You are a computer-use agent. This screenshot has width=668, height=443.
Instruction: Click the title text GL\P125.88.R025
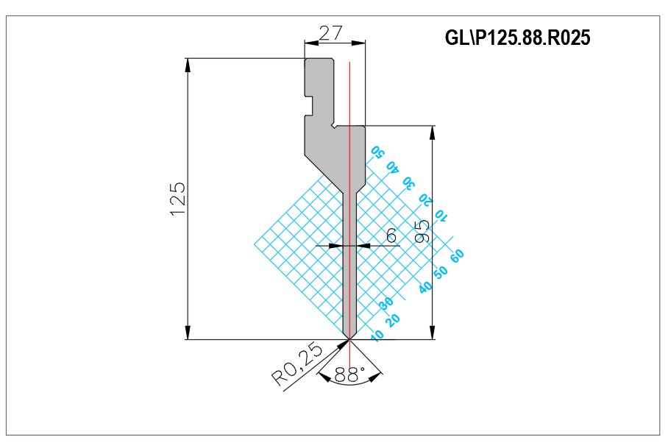point(518,38)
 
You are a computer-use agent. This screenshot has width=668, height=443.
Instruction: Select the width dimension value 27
point(330,33)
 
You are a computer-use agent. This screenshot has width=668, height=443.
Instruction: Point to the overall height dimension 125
point(177,199)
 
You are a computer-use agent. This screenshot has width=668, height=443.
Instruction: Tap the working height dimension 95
point(422,231)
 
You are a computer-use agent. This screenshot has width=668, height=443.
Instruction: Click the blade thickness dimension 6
point(391,235)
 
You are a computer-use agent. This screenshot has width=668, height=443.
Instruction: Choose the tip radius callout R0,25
point(297,364)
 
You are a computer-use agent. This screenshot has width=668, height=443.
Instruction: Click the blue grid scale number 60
point(456,255)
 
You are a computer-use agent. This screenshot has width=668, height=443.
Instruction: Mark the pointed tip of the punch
point(349,339)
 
